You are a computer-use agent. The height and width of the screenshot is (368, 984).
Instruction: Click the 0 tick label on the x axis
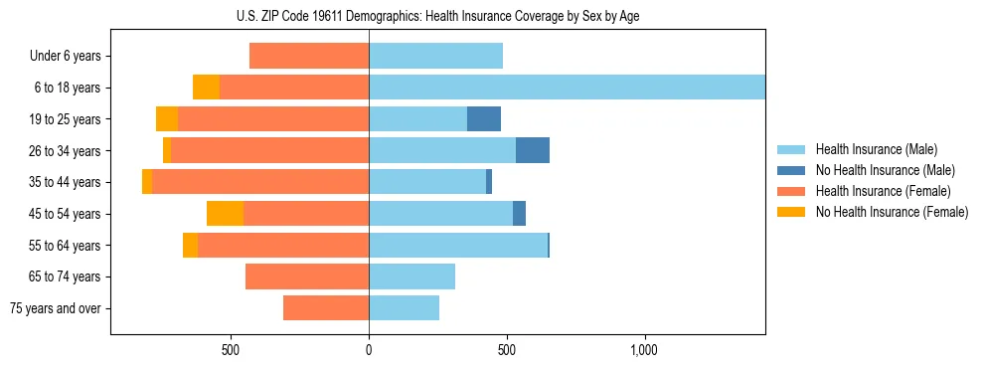pos(369,350)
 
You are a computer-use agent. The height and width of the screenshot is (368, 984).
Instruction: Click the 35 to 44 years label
pos(66,182)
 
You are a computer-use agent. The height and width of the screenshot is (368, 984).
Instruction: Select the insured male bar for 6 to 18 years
pos(567,88)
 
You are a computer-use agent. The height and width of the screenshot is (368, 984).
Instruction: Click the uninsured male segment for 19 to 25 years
pos(484,119)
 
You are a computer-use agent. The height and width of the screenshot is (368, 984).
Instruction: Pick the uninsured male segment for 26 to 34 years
pos(533,150)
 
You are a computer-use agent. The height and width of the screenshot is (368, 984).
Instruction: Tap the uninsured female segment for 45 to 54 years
pos(225,214)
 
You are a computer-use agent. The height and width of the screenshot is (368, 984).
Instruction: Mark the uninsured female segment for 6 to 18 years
pos(206,88)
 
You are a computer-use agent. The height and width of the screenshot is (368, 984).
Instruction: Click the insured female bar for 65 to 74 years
pos(307,276)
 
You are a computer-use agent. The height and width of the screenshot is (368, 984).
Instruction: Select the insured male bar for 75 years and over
pos(404,308)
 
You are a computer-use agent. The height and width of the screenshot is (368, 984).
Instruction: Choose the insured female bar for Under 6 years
pos(309,57)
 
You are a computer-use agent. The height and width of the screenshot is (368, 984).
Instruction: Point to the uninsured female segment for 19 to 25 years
pos(167,119)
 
